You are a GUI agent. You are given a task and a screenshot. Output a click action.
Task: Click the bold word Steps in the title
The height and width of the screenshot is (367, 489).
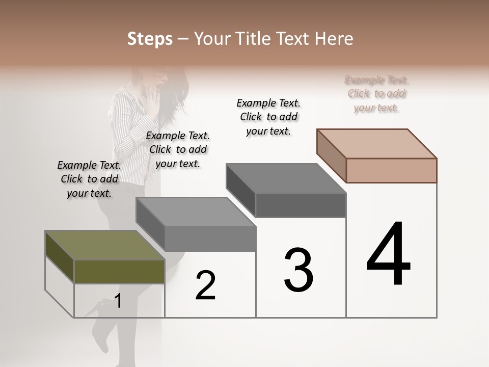150,39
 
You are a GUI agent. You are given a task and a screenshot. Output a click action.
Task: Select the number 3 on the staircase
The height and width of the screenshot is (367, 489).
298,271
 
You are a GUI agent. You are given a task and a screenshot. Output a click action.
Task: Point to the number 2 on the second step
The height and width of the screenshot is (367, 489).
206,285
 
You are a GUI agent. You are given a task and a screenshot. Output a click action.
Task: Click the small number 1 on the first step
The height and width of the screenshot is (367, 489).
118,301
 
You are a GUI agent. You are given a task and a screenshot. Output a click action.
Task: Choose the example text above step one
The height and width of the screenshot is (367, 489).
89,179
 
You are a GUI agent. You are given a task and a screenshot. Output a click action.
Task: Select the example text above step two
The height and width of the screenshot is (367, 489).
178,149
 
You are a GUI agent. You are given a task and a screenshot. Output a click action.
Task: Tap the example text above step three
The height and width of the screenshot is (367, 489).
268,117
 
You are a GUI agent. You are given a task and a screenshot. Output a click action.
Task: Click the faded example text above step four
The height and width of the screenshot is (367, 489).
376,94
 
